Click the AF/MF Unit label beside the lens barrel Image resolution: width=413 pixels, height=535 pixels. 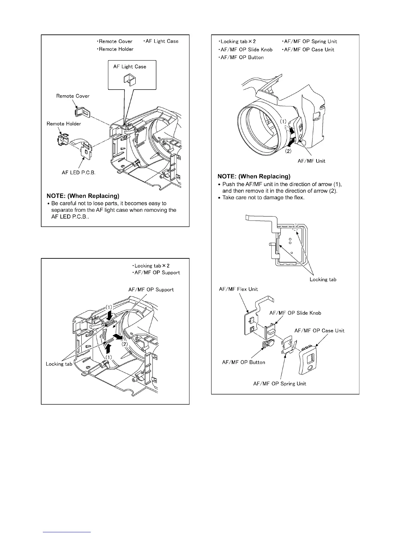point(311,161)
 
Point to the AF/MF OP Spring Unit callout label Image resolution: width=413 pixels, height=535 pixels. point(280,383)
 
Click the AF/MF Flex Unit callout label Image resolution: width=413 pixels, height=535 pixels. point(239,289)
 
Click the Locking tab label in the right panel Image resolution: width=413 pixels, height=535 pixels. point(323,279)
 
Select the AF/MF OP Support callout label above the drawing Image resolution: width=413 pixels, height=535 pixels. point(151,289)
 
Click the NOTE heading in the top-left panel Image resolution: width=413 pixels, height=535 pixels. point(83,196)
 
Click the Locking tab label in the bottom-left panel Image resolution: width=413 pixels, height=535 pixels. point(59,364)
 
